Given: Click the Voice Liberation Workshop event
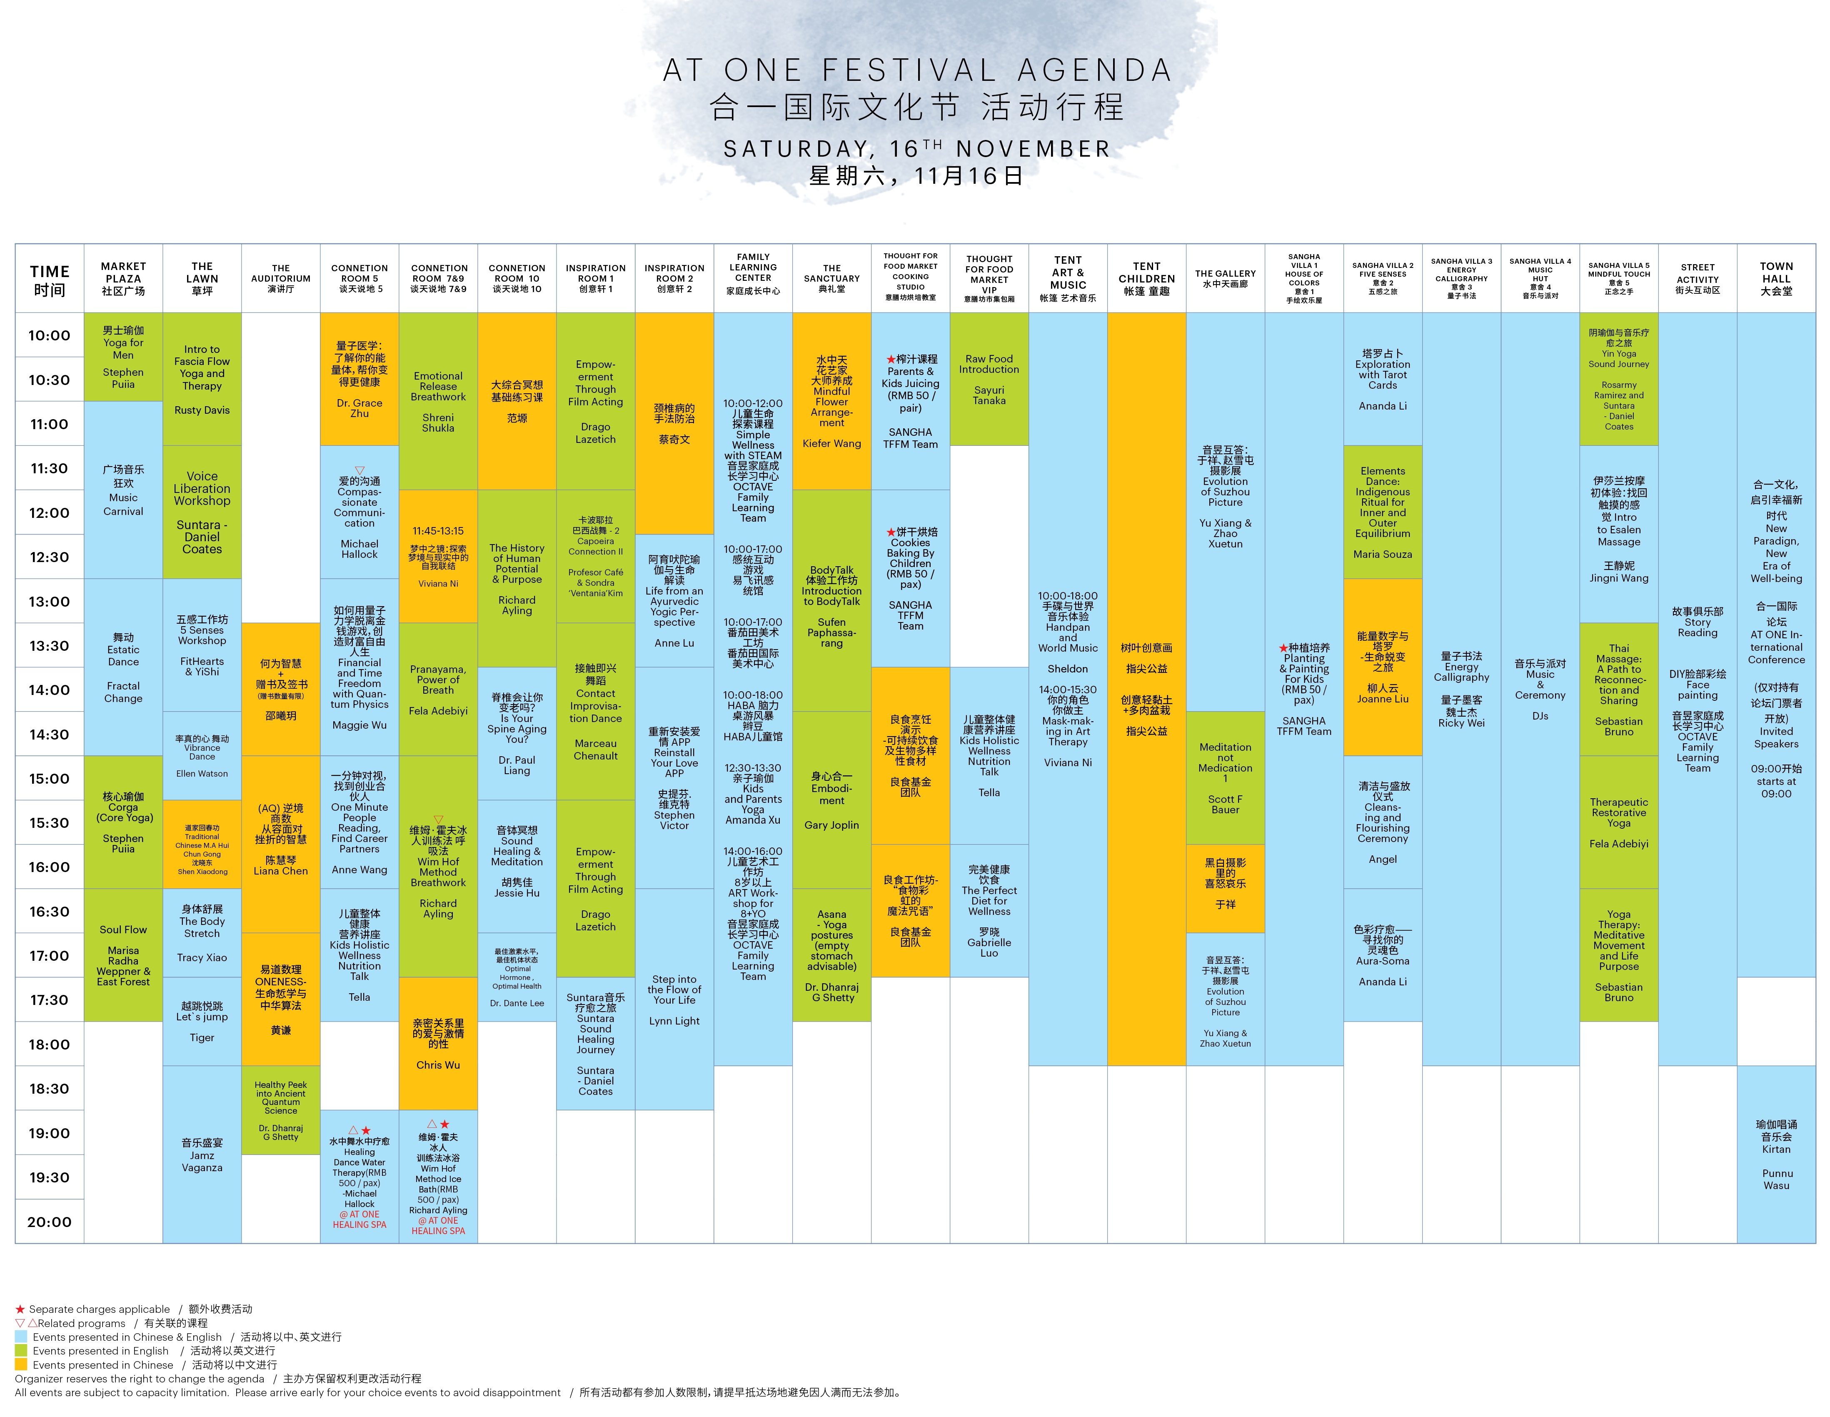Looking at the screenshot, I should pos(202,512).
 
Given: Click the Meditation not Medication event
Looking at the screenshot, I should pos(1225,777).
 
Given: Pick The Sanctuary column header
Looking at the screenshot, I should pos(832,278).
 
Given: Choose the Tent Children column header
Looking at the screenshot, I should pos(1146,278).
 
